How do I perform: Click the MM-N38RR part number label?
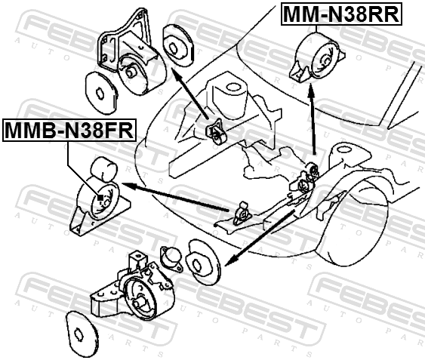(x=341, y=14)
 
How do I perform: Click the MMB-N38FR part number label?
(x=69, y=130)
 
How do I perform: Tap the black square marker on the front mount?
(x=100, y=198)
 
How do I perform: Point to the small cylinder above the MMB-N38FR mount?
(x=103, y=169)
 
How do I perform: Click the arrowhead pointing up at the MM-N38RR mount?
(x=311, y=90)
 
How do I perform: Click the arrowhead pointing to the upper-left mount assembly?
(x=175, y=72)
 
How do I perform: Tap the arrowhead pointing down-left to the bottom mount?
(x=229, y=261)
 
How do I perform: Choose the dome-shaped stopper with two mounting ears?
(x=171, y=258)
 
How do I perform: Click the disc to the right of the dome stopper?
(x=203, y=262)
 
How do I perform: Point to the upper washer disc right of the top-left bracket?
(x=178, y=45)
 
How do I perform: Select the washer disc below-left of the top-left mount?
(x=101, y=93)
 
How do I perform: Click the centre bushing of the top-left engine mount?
(x=131, y=71)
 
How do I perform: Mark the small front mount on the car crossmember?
(x=242, y=214)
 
